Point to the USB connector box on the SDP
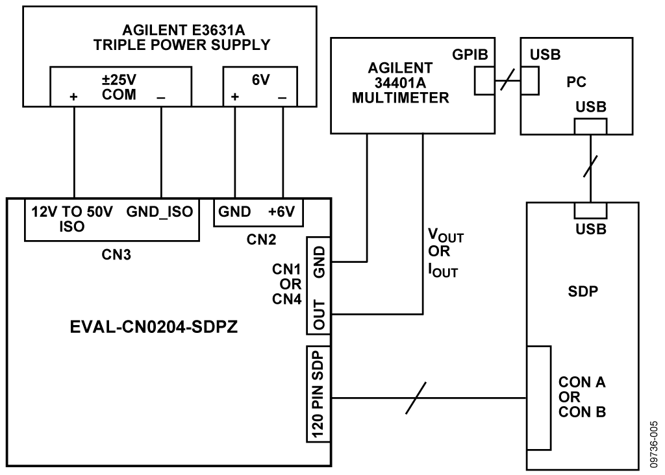pyautogui.click(x=590, y=210)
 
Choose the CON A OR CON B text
pyautogui.click(x=583, y=396)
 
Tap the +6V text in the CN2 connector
pyautogui.click(x=282, y=212)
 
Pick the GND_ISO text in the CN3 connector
pyautogui.click(x=160, y=212)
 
